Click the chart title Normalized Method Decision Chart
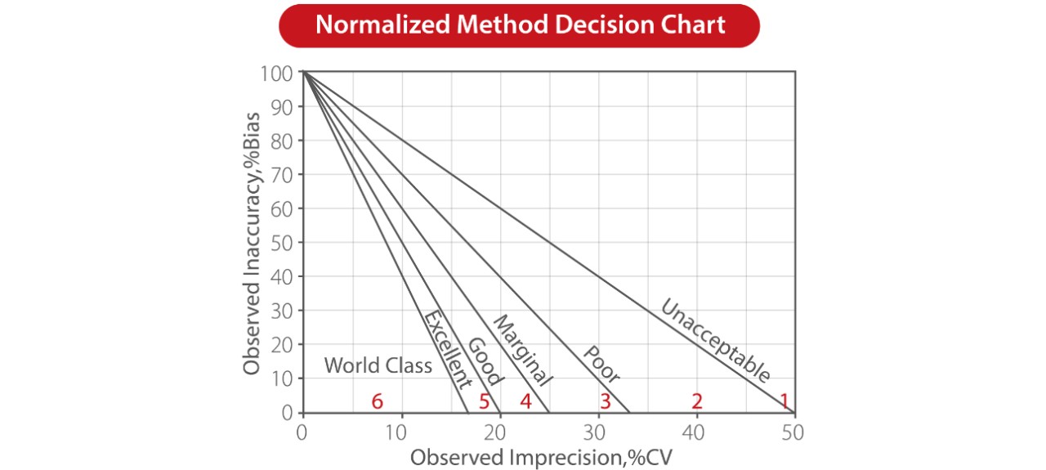520,25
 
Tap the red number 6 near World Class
377,401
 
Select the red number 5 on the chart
484,401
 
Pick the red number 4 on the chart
525,401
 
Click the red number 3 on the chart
605,401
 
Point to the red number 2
697,401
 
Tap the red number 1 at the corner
784,401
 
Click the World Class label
378,365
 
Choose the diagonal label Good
485,361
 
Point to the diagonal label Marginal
523,350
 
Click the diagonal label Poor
601,365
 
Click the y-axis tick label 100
277,74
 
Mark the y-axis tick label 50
282,243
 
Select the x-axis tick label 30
597,432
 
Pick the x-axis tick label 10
400,432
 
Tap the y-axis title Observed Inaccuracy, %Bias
253,242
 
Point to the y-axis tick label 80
282,141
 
